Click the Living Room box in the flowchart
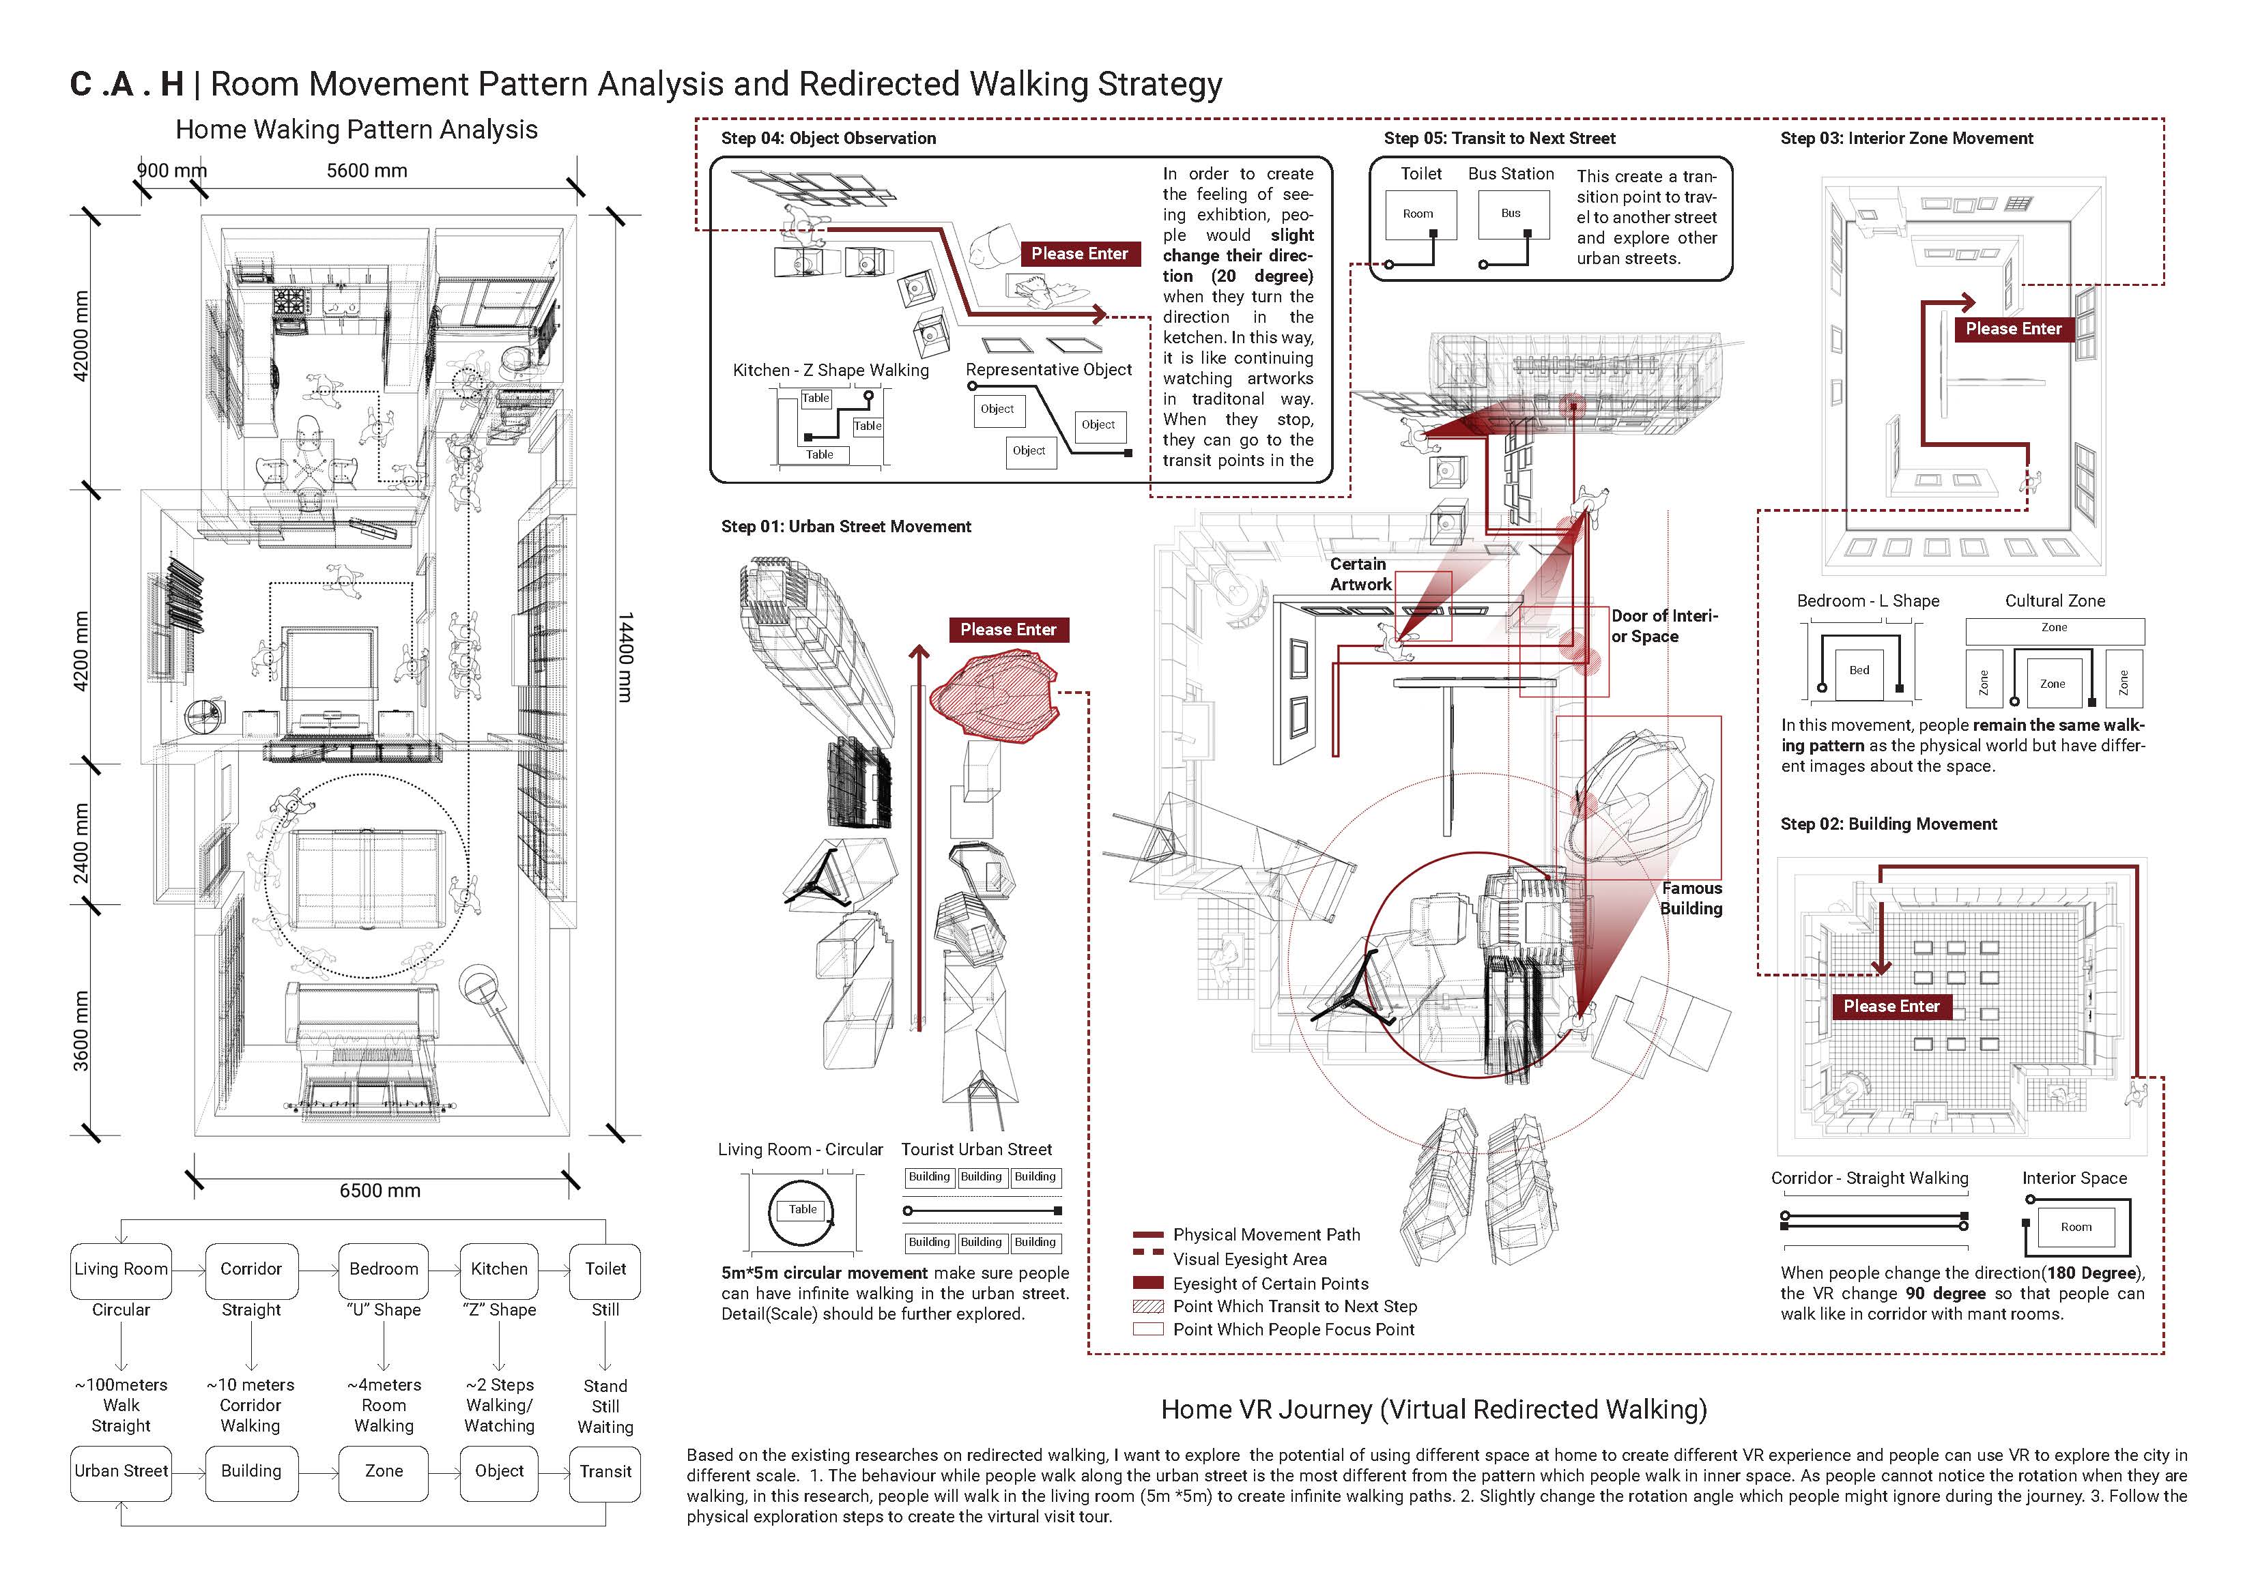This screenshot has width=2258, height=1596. pyautogui.click(x=121, y=1270)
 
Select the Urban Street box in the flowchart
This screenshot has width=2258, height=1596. pyautogui.click(x=121, y=1472)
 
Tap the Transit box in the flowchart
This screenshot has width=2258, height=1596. pyautogui.click(x=605, y=1472)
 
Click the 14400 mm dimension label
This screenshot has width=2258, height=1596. pyautogui.click(x=625, y=657)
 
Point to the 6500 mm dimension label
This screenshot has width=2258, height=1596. pyautogui.click(x=380, y=1191)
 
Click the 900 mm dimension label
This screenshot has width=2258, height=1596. pyautogui.click(x=171, y=170)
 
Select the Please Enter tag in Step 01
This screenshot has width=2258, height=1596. pyautogui.click(x=1008, y=629)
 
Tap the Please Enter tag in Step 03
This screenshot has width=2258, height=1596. pyautogui.click(x=2012, y=328)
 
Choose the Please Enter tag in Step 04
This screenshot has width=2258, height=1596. pyautogui.click(x=1079, y=254)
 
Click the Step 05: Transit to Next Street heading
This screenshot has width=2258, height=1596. pyautogui.click(x=1499, y=139)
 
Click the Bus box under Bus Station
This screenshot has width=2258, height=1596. pyautogui.click(x=1511, y=214)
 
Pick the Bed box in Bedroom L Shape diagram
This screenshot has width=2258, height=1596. pyautogui.click(x=1859, y=671)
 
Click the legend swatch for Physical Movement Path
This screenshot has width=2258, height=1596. pyautogui.click(x=1147, y=1234)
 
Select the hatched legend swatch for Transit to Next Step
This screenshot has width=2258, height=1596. pyautogui.click(x=1147, y=1307)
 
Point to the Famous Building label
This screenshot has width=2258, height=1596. pyautogui.click(x=1691, y=899)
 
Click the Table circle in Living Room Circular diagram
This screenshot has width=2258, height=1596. pyautogui.click(x=803, y=1210)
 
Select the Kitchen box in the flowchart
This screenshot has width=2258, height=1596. pyautogui.click(x=498, y=1270)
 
